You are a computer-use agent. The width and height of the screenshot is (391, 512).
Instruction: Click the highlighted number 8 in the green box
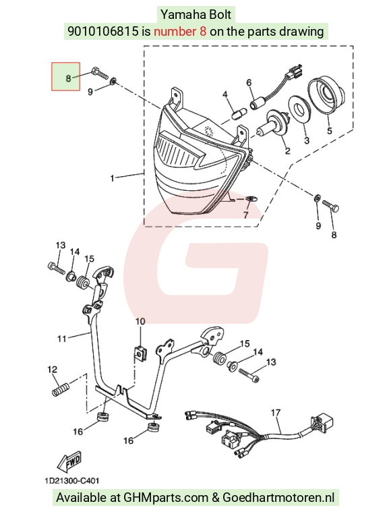[68, 78]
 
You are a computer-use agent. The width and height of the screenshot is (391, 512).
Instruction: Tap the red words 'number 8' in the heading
[180, 31]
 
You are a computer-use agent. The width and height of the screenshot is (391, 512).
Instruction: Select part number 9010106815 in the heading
[103, 31]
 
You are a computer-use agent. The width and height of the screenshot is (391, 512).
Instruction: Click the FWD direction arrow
[69, 461]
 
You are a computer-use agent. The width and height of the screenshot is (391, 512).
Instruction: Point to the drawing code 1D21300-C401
[72, 481]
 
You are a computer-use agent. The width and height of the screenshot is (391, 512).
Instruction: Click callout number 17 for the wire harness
[276, 413]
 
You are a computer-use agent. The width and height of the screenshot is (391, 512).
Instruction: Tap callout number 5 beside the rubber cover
[329, 131]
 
